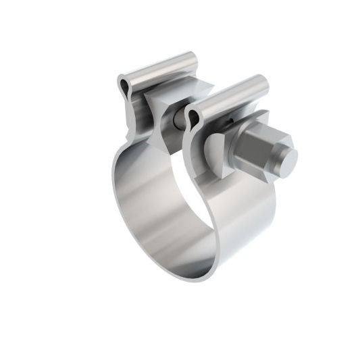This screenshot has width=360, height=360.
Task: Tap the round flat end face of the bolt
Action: tap(287, 159)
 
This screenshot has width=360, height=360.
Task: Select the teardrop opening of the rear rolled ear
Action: tap(126, 84)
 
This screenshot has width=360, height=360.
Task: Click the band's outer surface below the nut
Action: tap(230, 223)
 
